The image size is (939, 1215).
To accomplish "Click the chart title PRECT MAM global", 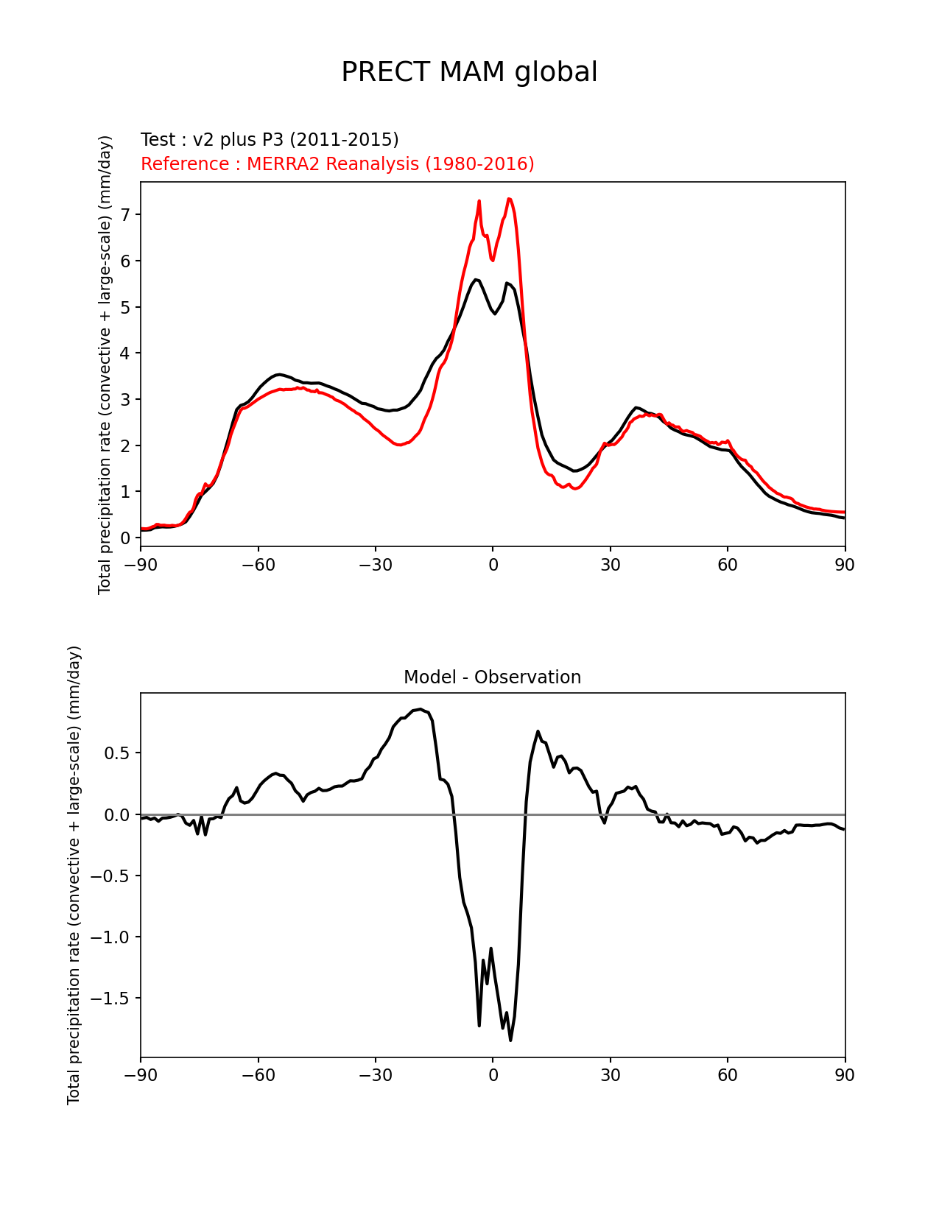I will pos(469,72).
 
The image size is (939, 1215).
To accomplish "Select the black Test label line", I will pos(270,140).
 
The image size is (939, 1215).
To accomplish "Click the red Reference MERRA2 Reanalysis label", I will pos(337,164).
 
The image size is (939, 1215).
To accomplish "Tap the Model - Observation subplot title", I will pos(492,677).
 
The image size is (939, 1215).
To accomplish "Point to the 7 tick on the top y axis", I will pos(126,215).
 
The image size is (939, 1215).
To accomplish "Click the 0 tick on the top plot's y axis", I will pos(126,538).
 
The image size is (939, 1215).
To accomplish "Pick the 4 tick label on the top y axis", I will pos(126,353).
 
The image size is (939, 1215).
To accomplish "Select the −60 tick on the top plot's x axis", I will pos(258,565).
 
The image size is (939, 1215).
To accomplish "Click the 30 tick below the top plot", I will pos(610,565).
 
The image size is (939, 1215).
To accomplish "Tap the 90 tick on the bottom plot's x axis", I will pos(845,1076).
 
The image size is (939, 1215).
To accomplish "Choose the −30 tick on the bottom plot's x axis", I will pos(375,1076).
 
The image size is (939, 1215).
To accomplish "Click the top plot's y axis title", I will pos(105,364).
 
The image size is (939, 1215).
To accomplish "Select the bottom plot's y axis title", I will pos(74,875).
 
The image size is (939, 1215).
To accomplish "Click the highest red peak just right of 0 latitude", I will pos(509,199).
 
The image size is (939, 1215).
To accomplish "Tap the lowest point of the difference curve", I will pos(510,1040).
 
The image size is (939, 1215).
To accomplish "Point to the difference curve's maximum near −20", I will pos(420,709).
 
